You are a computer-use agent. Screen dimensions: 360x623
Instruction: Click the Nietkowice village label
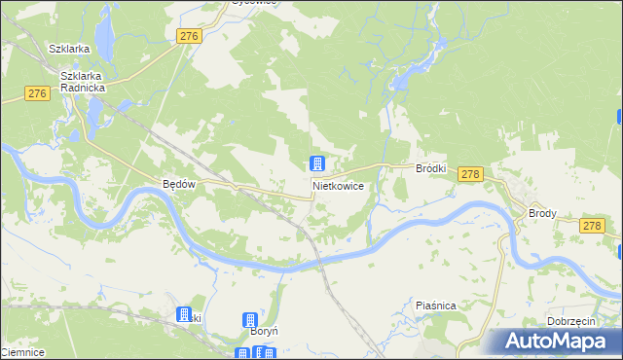(339, 185)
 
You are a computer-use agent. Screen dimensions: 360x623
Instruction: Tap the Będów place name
(180, 184)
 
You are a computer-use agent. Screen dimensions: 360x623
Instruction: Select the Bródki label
(430, 168)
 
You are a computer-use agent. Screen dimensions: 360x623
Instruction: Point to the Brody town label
(542, 212)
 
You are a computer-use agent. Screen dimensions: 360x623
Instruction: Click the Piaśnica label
(435, 306)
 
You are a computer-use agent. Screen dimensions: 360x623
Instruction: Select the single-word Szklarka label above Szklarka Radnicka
(70, 49)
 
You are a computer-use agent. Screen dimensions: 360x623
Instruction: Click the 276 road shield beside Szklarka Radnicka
(37, 93)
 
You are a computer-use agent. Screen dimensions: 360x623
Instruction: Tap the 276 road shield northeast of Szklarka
(190, 36)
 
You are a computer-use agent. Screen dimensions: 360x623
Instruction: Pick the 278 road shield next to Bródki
(470, 173)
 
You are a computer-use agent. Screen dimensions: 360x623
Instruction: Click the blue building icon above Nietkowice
(317, 163)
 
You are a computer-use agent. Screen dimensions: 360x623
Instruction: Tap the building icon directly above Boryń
(250, 319)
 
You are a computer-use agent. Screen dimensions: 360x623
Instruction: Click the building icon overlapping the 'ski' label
(183, 314)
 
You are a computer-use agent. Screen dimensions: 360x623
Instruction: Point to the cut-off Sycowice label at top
(255, 3)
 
